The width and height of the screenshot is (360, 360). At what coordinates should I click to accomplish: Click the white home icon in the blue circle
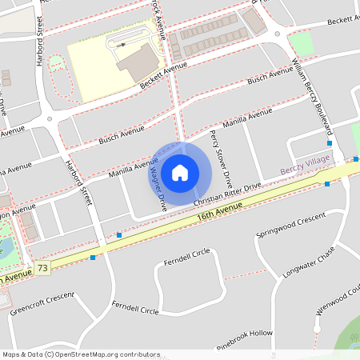coord(180,172)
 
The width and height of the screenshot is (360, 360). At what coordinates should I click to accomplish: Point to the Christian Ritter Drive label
coord(227,195)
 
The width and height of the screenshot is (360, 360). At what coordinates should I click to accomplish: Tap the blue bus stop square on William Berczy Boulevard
coord(330,143)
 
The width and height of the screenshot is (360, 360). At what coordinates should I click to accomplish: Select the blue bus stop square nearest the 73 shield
coord(94,258)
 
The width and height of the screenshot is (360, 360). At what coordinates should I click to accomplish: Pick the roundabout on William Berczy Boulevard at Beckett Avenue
coord(278,34)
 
